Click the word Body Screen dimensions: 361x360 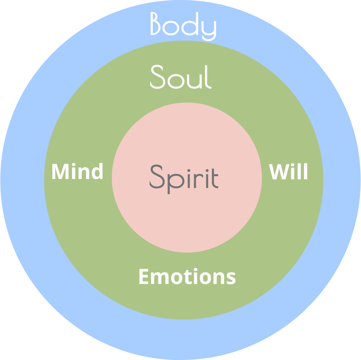click(183, 26)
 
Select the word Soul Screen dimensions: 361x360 click(181, 77)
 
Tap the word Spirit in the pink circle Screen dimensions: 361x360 click(184, 179)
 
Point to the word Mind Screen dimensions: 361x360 click(77, 171)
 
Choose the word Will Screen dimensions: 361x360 click(288, 171)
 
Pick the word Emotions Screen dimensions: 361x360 click(188, 276)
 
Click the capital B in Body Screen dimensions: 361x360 click(155, 23)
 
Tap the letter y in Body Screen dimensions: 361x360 click(209, 31)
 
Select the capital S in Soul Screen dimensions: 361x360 click(157, 77)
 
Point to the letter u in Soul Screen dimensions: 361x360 click(194, 81)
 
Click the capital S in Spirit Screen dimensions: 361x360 click(157, 176)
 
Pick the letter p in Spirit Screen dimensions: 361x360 click(176, 184)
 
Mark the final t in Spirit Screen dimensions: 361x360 click(215, 179)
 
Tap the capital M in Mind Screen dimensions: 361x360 click(60, 171)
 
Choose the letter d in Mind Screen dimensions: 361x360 click(97, 171)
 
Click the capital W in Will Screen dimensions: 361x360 click(279, 172)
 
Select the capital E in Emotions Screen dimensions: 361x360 click(144, 276)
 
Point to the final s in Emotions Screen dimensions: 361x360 click(231, 278)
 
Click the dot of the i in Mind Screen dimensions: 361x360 click(74, 164)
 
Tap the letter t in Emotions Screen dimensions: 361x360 click(188, 277)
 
